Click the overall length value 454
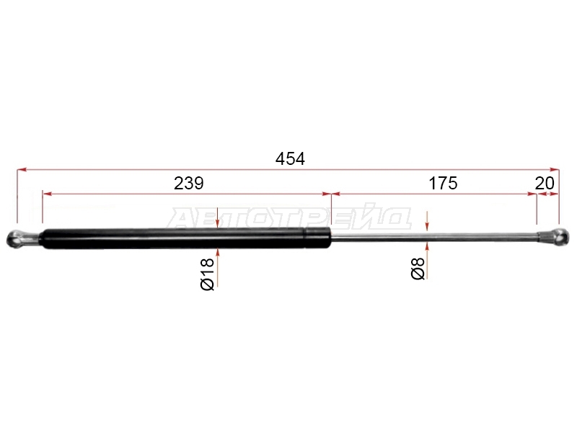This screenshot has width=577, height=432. (290, 158)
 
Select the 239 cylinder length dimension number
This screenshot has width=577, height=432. (188, 183)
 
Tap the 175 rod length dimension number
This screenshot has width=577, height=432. (443, 183)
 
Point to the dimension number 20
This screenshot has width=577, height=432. (545, 183)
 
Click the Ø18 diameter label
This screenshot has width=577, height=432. (208, 274)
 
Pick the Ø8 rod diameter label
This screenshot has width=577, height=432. (418, 269)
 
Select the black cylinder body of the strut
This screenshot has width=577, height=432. (186, 238)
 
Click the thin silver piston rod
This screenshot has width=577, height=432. (435, 237)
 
